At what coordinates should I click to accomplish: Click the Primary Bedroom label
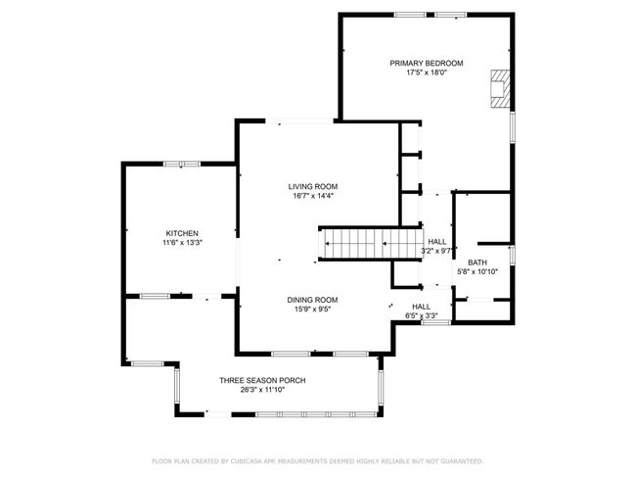pos(427,64)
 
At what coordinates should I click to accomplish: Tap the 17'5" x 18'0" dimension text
pos(427,73)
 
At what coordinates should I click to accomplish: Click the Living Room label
pos(313,187)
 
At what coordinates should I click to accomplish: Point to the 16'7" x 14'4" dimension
pos(313,196)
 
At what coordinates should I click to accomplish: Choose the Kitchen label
pos(182,233)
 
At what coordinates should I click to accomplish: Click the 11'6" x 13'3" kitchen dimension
pos(182,243)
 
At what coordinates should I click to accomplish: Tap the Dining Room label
pos(312,300)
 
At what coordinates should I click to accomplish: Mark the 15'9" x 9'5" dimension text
pos(312,310)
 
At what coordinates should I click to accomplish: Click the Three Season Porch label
pos(262,380)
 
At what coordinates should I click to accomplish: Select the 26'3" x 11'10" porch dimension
pos(262,390)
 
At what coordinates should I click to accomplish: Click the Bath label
pos(477,263)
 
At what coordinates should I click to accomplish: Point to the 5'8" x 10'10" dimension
pos(477,272)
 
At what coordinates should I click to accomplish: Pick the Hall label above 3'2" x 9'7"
pos(436,242)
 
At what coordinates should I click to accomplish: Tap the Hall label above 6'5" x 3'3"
pos(422,307)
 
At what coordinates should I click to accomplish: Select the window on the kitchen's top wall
pos(182,165)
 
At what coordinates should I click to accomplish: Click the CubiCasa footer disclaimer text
pos(318,461)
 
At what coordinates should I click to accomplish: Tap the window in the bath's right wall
pos(513,255)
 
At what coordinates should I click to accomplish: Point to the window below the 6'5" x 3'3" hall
pos(436,322)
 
